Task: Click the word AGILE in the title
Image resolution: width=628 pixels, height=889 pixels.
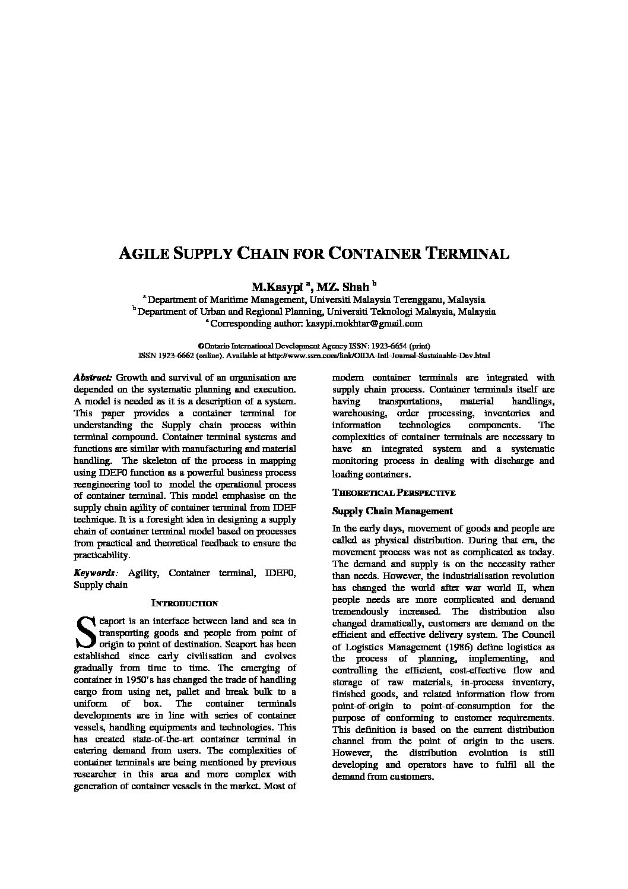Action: tap(144, 254)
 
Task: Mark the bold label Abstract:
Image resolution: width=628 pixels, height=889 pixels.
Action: tap(93, 378)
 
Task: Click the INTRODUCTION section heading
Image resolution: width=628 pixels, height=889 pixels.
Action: tap(185, 603)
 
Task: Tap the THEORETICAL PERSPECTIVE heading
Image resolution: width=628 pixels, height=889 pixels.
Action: tap(394, 493)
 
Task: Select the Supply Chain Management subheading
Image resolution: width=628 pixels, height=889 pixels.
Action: tap(392, 511)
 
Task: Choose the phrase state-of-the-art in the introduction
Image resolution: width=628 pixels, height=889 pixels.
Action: tap(160, 739)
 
